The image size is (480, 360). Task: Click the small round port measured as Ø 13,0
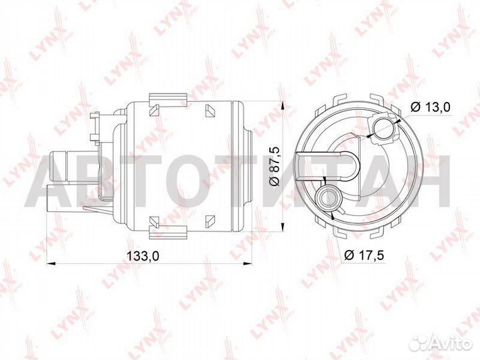tap(385, 129)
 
